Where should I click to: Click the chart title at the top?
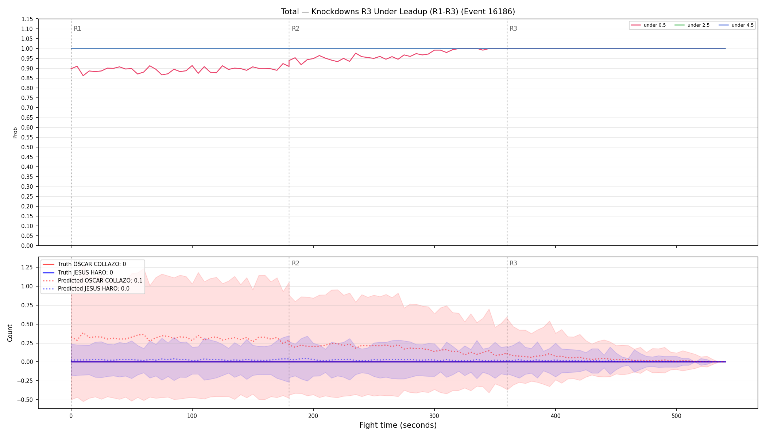click(x=398, y=12)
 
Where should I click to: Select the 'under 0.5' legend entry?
click(x=649, y=25)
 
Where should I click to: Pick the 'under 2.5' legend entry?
click(x=692, y=25)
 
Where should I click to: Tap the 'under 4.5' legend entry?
click(x=736, y=25)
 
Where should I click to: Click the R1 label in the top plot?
click(x=77, y=28)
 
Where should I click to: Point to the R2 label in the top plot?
click(x=295, y=28)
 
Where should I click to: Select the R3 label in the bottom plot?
click(x=513, y=263)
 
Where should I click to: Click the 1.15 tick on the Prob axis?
click(x=27, y=19)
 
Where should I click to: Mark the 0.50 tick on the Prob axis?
click(x=27, y=147)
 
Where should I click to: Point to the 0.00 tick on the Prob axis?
click(x=27, y=246)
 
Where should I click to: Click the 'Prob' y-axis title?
click(x=15, y=132)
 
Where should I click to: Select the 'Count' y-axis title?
click(x=10, y=333)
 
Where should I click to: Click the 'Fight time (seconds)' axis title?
click(x=398, y=425)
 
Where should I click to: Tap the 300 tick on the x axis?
click(x=434, y=416)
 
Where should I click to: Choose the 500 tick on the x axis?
click(x=676, y=416)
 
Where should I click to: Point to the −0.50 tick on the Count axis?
click(x=25, y=400)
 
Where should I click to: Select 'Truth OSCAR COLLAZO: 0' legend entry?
click(x=84, y=264)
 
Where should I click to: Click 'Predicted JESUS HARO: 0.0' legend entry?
click(x=86, y=289)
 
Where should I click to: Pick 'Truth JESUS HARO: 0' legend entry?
click(x=78, y=273)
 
